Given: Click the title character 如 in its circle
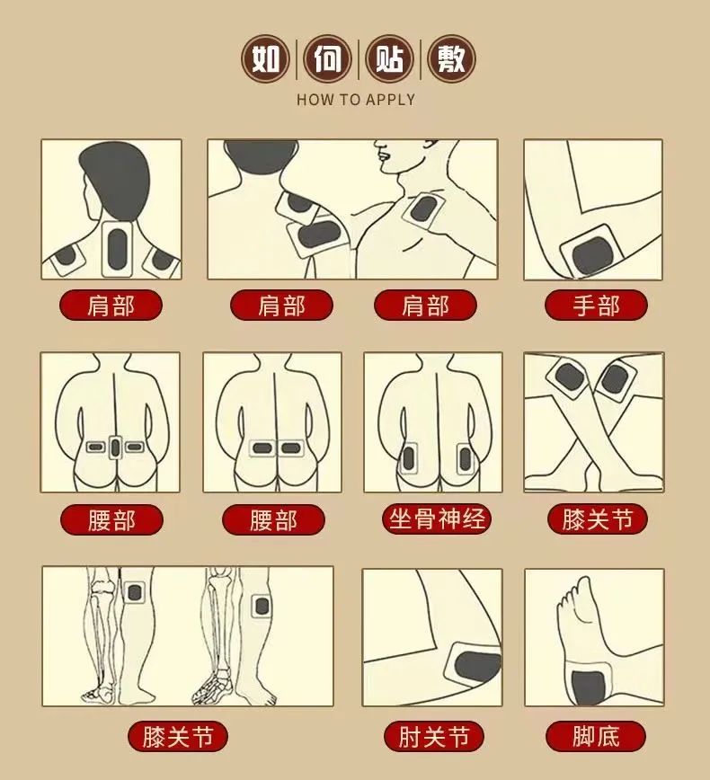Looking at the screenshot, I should tap(265, 60).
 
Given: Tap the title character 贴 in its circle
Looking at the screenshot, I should tap(389, 60).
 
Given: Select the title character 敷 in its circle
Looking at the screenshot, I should tap(450, 60).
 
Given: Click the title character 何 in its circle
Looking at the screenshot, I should tap(328, 60).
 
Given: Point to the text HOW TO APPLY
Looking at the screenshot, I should tap(356, 100).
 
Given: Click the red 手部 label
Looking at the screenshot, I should tap(596, 306).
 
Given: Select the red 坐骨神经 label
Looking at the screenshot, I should tap(437, 519).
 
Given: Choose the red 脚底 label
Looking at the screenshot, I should tap(596, 738).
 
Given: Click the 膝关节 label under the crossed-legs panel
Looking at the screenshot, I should tap(597, 519).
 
